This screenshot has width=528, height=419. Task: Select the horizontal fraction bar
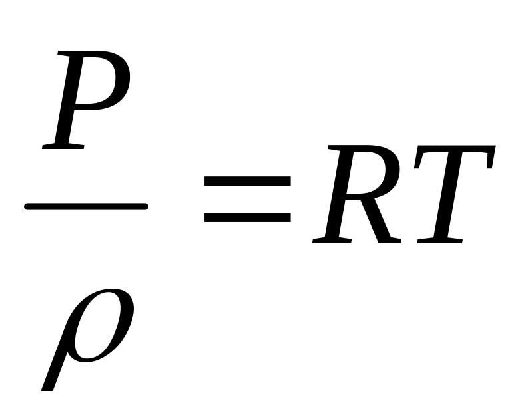[x=86, y=207]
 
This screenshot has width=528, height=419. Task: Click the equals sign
[x=248, y=198]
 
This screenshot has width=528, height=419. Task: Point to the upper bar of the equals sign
[x=248, y=180]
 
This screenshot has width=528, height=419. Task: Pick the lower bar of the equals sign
[x=248, y=216]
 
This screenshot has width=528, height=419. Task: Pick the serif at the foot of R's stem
[x=328, y=240]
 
